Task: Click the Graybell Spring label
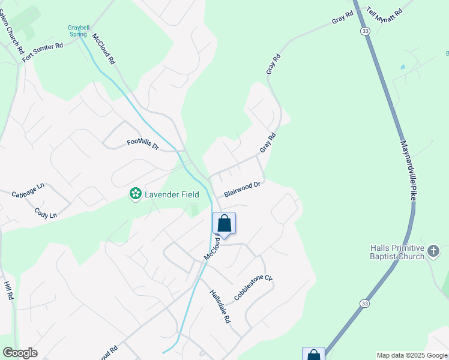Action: click(77, 31)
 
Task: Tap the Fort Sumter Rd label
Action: click(43, 53)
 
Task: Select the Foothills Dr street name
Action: click(142, 145)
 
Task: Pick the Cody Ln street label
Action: click(46, 213)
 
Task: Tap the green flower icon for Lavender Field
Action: click(136, 194)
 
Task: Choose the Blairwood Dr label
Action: click(242, 190)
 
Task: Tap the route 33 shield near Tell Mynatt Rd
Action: click(364, 31)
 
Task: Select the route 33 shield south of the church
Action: click(365, 304)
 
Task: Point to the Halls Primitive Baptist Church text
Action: click(397, 253)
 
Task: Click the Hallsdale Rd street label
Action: click(220, 307)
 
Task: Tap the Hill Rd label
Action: click(8, 292)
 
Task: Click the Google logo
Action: click(20, 353)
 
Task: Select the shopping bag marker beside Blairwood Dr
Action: click(224, 224)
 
